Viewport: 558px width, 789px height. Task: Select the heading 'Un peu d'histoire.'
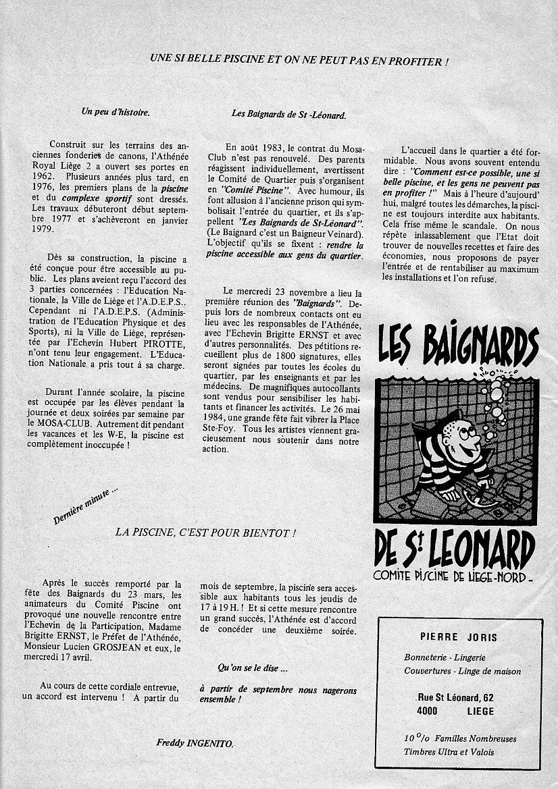[x=116, y=112]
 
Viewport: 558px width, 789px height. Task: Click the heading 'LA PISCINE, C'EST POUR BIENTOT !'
[x=205, y=533]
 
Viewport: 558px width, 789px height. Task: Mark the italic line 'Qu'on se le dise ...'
[x=253, y=669]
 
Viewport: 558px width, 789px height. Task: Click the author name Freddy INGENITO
[x=195, y=743]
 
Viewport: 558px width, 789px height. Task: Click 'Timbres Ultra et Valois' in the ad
[x=449, y=752]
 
